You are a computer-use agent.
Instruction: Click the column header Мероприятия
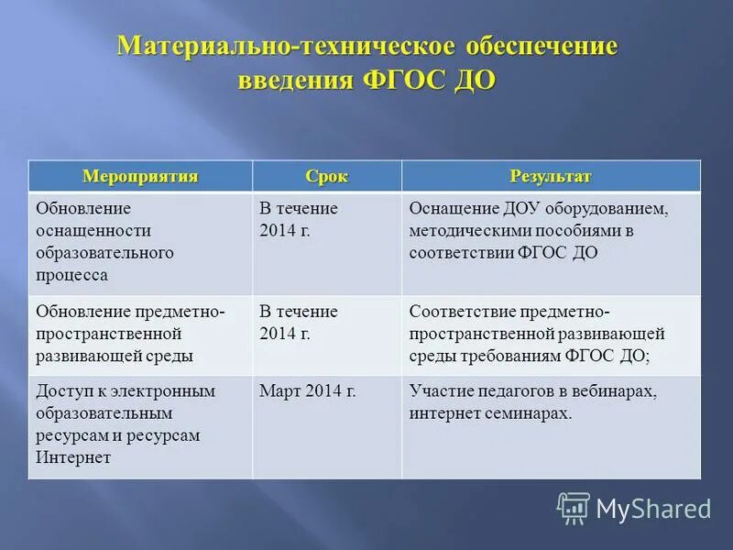[x=140, y=176]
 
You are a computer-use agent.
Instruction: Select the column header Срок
[x=327, y=176]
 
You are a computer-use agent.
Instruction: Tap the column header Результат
[x=550, y=176]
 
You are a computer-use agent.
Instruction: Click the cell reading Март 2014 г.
[x=308, y=391]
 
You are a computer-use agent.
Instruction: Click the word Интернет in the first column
[x=73, y=457]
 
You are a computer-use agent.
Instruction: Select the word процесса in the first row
[x=72, y=274]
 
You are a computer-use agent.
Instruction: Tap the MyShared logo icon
[x=574, y=508]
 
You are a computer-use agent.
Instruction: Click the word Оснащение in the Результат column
[x=454, y=208]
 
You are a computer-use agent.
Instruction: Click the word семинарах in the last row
[x=523, y=413]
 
